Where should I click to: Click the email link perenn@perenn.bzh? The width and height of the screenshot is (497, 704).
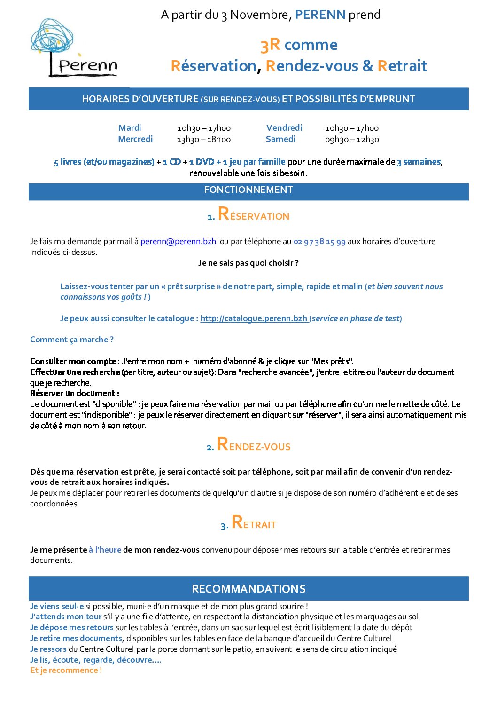(178, 241)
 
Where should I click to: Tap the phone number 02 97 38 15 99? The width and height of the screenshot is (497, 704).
(319, 242)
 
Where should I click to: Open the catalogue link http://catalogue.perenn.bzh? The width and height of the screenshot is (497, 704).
(254, 318)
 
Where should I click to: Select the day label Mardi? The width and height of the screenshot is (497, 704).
(130, 128)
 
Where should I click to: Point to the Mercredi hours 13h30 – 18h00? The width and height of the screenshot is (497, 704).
(203, 139)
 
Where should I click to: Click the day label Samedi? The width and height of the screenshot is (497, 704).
(280, 139)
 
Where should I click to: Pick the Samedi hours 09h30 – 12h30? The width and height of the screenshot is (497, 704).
(352, 139)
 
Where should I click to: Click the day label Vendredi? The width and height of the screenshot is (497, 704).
(284, 128)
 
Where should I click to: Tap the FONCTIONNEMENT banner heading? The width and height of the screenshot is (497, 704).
(248, 190)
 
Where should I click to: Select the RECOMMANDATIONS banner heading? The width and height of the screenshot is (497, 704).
(248, 589)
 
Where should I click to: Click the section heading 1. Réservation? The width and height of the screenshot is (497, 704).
(248, 214)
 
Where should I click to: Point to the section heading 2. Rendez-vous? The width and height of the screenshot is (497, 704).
(248, 445)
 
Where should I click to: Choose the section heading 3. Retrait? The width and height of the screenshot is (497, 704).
(248, 523)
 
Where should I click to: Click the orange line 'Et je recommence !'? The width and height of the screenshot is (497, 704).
(66, 670)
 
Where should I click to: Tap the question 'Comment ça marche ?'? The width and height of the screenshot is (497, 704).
(72, 340)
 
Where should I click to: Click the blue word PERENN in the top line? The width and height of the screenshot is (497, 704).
(320, 15)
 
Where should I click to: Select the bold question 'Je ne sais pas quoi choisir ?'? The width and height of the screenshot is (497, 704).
(248, 263)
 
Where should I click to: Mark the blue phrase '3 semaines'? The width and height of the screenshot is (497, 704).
(419, 162)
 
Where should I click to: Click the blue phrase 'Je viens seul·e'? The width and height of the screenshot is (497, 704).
(57, 606)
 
